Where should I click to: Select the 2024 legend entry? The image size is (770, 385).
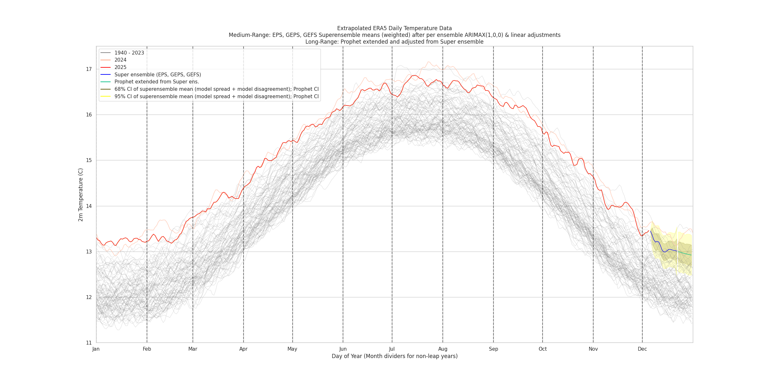coord(120,60)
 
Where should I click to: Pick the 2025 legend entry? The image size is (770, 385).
coord(120,67)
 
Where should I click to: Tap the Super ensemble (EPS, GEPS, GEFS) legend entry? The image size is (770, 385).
coord(158,75)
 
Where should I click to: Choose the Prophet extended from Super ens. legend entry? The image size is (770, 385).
coord(157,82)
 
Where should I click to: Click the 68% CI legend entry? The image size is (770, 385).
coord(216,89)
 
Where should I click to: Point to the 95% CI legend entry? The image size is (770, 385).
coord(216,97)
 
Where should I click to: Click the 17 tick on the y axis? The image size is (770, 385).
coord(89,69)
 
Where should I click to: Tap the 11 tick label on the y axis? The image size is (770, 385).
coord(89,343)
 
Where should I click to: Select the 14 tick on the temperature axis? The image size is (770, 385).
coord(89,206)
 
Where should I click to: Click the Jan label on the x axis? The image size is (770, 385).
coord(96,349)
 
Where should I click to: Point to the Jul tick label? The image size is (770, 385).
coord(392,349)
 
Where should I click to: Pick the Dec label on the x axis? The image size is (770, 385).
coord(642,349)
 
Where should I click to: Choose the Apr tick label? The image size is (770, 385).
coord(243,349)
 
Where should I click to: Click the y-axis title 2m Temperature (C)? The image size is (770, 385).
coord(81,195)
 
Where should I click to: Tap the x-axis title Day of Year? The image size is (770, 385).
coord(394,356)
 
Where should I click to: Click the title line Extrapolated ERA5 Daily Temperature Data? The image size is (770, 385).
coord(394,28)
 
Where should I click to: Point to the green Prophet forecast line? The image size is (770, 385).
coord(685,253)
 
